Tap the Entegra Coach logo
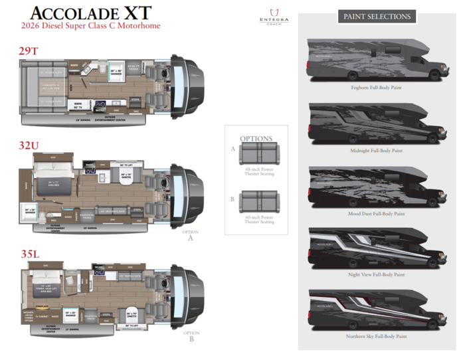pyautogui.click(x=274, y=17)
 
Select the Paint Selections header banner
pyautogui.click(x=376, y=17)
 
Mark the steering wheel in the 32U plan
pyautogui.click(x=163, y=181)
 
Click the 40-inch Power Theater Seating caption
pyautogui.click(x=258, y=219)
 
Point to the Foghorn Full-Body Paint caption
pyautogui.click(x=376, y=87)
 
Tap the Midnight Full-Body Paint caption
pyautogui.click(x=376, y=151)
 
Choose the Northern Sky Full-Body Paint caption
pyautogui.click(x=376, y=337)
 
